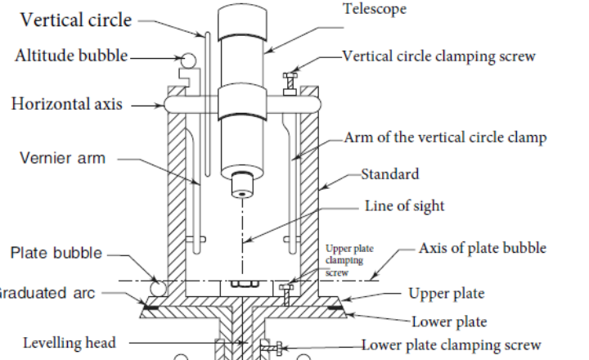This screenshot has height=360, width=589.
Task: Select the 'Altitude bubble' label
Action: [71, 56]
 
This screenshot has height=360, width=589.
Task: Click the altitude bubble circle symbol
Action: [188, 60]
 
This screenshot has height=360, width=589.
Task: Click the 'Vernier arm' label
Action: [62, 157]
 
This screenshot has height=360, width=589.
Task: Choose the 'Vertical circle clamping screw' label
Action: [438, 56]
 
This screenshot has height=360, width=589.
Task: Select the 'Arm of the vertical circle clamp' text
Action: [445, 137]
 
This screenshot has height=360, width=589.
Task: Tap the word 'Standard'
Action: [389, 173]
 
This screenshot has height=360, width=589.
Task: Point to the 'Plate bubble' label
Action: [56, 253]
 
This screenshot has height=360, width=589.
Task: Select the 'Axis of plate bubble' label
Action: [482, 248]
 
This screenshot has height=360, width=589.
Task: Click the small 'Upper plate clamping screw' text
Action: [344, 259]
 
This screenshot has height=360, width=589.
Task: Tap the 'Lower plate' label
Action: [449, 322]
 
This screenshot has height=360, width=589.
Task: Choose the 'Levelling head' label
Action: [70, 343]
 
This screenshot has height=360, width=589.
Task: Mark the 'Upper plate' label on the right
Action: [446, 293]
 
